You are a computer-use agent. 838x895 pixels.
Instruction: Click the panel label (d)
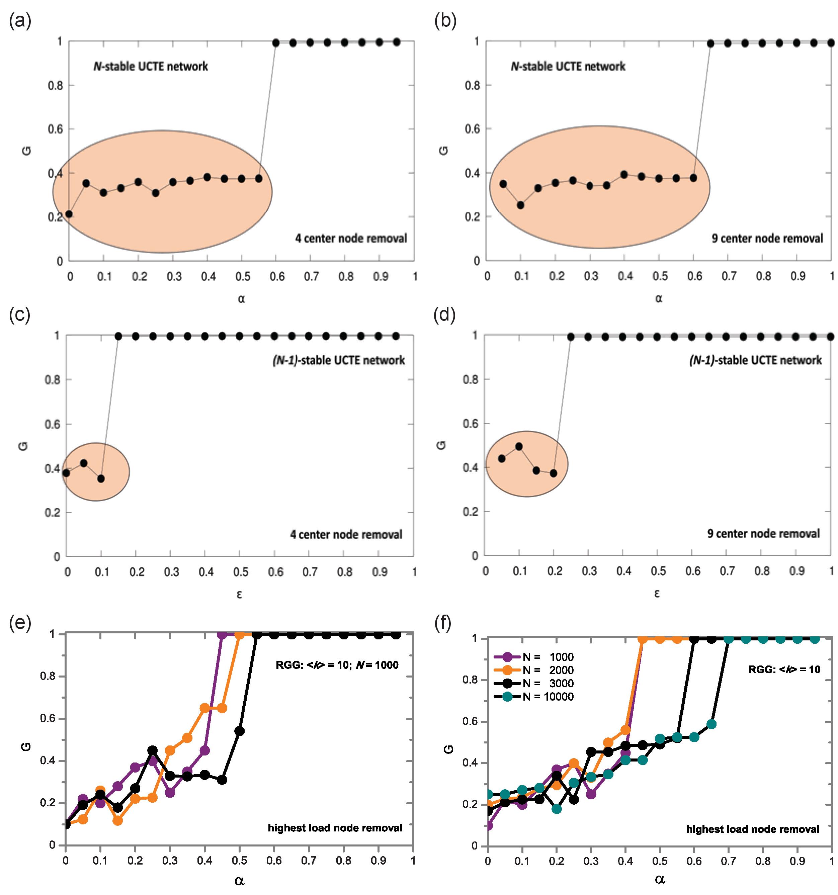(x=444, y=315)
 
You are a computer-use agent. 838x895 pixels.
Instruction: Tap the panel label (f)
(x=443, y=624)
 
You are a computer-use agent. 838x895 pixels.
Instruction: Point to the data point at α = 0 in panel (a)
(x=69, y=214)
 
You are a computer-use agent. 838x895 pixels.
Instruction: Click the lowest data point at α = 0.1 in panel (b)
(x=521, y=205)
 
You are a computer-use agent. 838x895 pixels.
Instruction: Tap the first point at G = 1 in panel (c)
(x=118, y=336)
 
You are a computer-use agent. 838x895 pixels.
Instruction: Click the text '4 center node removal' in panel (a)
(x=351, y=238)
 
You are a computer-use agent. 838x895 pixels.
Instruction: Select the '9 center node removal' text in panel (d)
(x=763, y=534)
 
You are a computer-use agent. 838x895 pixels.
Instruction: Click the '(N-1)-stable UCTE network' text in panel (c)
(x=339, y=361)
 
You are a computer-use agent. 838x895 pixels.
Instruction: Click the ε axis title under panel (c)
(x=240, y=594)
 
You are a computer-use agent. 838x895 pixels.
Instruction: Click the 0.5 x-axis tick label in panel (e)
(x=240, y=861)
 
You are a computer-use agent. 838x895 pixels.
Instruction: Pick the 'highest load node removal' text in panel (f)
(x=752, y=829)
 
